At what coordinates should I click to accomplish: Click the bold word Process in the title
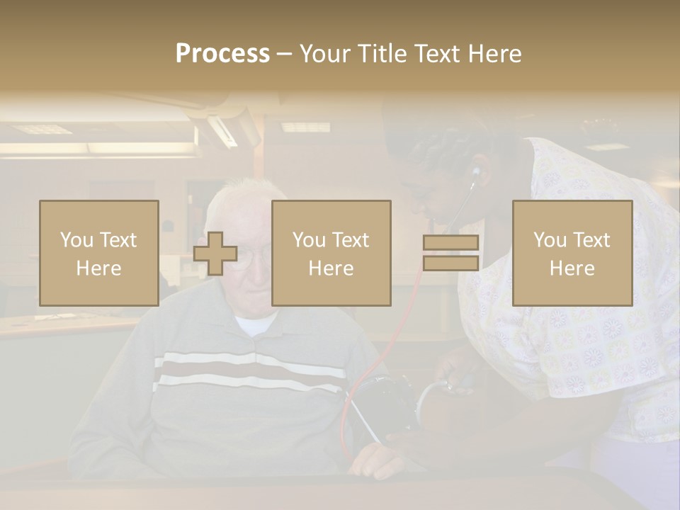pyautogui.click(x=222, y=53)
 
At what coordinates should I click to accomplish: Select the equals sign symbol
pyautogui.click(x=450, y=253)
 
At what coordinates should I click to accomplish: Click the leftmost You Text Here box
pyautogui.click(x=99, y=253)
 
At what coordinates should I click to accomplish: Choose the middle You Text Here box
pyautogui.click(x=331, y=253)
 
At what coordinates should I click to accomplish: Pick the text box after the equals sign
pyautogui.click(x=572, y=253)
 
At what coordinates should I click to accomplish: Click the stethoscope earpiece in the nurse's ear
pyautogui.click(x=476, y=171)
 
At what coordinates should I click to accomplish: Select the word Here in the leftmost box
pyautogui.click(x=98, y=268)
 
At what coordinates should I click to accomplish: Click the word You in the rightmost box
pyautogui.click(x=550, y=239)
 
